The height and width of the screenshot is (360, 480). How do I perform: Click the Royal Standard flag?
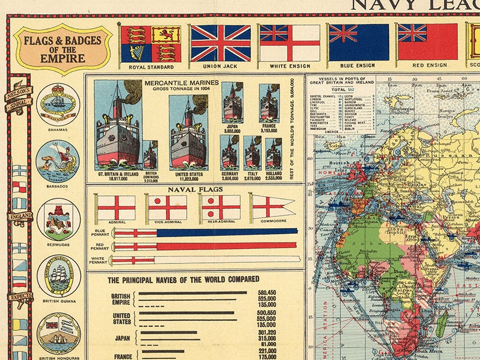[151, 43]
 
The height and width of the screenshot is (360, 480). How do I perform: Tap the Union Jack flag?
[221, 43]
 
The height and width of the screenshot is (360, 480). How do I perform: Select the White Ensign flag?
[290, 43]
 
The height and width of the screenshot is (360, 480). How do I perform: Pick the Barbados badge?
[58, 161]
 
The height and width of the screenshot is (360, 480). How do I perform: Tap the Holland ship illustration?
[273, 153]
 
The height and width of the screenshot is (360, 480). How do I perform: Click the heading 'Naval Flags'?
[194, 189]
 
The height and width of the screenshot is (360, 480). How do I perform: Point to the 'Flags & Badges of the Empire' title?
[62, 49]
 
